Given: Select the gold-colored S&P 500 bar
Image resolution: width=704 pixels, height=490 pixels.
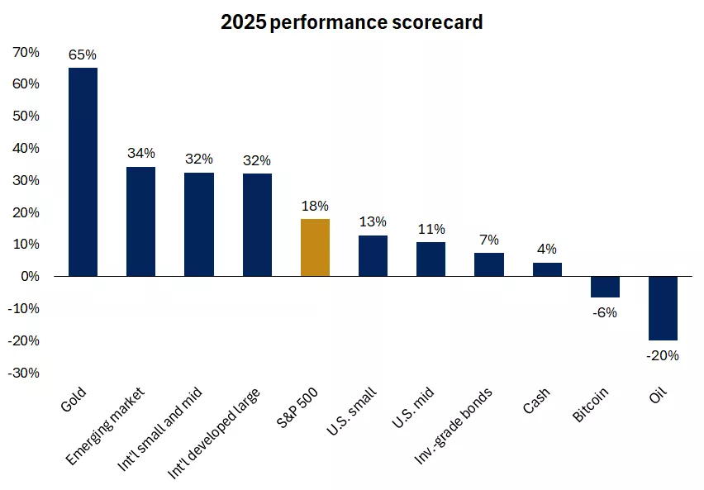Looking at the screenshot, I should (315, 247).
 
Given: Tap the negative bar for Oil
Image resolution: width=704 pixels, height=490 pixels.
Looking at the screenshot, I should (663, 308).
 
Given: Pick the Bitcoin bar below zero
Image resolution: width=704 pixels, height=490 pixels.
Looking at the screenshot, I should (605, 287).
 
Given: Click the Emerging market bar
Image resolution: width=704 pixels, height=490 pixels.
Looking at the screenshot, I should (140, 221).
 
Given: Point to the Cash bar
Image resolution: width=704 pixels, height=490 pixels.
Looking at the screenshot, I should (547, 269).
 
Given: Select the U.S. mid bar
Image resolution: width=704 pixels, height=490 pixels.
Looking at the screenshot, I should (430, 259).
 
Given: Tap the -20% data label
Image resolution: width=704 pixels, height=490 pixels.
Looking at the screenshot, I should (663, 356).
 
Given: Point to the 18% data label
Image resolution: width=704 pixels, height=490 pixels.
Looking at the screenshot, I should (315, 206).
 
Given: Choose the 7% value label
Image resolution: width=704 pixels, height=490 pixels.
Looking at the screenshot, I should (489, 240).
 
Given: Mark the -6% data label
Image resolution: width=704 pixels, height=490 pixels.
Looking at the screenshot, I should (605, 312).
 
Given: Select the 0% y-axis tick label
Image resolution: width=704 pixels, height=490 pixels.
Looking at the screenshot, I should (30, 276).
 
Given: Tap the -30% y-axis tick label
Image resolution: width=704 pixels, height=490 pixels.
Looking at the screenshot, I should (25, 373).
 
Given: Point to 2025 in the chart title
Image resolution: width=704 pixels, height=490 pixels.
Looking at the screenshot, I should (243, 22).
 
